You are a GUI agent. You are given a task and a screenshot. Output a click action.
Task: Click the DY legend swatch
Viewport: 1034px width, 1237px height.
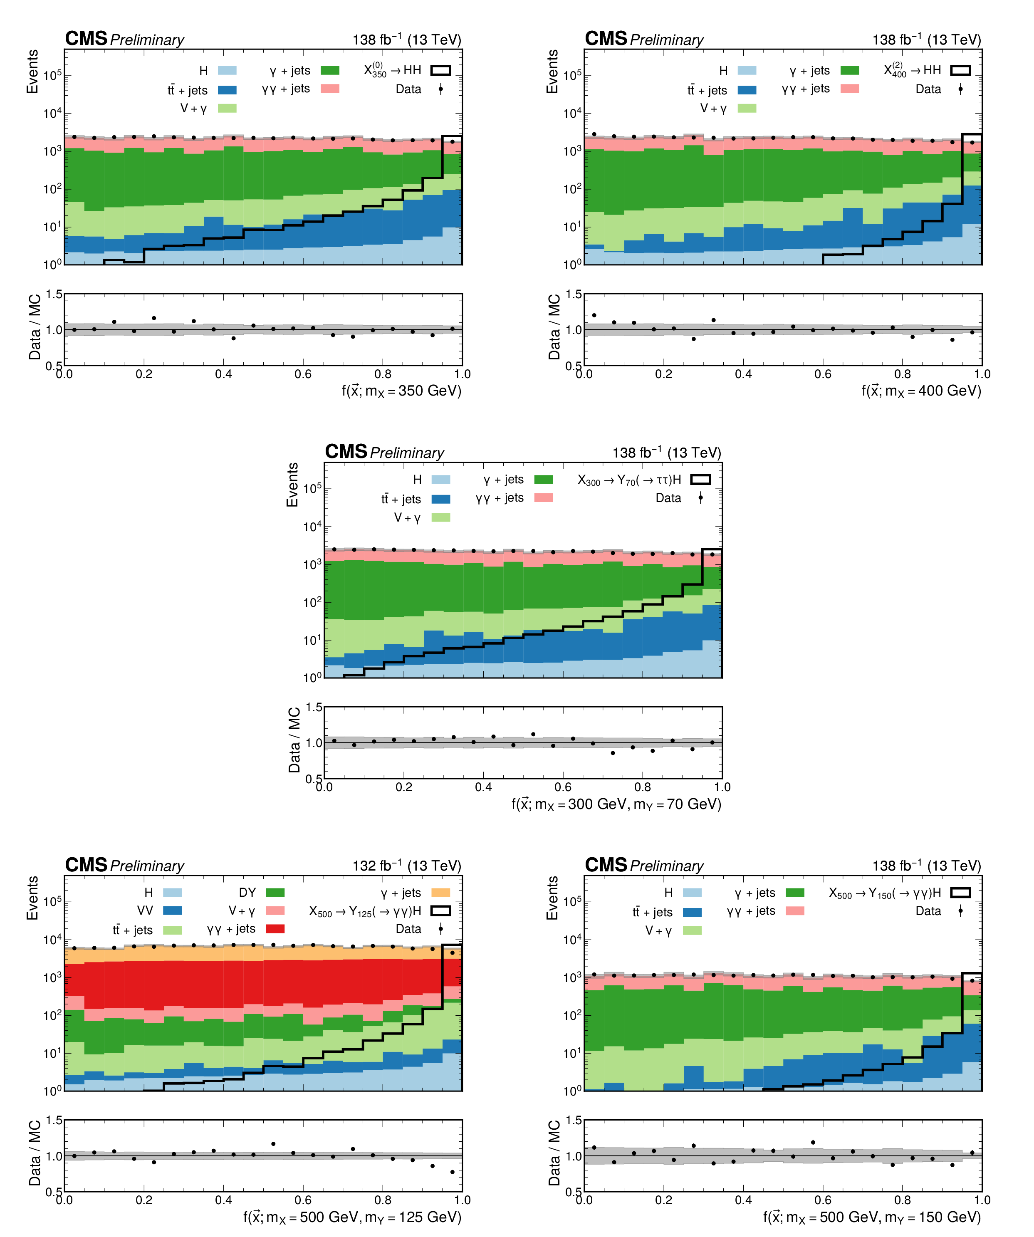[x=275, y=893]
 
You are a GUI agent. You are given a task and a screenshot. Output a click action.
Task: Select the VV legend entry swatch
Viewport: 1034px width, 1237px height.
[x=172, y=910]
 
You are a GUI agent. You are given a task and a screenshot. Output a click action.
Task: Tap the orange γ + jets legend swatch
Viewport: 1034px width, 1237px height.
[x=441, y=893]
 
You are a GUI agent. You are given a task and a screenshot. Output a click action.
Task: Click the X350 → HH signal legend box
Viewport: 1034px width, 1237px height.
[x=441, y=71]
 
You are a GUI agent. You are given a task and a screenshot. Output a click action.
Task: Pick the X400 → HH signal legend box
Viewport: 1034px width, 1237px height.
[x=960, y=71]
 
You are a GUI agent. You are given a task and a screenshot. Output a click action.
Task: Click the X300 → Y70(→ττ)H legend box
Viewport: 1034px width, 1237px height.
[x=700, y=480]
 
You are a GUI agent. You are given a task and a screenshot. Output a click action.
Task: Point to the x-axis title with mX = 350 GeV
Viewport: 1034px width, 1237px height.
[x=401, y=391]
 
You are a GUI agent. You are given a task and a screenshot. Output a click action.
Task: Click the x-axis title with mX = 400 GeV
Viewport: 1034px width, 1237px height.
[x=921, y=391]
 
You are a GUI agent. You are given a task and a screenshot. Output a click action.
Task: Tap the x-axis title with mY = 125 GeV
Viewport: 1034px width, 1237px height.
[x=352, y=1217]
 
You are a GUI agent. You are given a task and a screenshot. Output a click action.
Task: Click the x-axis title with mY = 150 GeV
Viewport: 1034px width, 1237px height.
[x=871, y=1217]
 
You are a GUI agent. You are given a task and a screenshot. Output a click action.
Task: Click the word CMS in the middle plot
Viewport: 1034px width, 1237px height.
[x=346, y=452]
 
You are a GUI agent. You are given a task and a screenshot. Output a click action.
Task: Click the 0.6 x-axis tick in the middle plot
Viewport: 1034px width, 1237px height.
[x=563, y=787]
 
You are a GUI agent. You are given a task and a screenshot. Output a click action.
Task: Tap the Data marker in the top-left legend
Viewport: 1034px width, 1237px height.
[x=441, y=89]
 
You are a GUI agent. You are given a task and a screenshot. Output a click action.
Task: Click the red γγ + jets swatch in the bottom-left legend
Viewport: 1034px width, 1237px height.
[x=275, y=929]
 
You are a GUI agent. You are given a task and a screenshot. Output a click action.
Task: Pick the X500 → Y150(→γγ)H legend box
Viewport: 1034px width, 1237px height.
[x=960, y=893]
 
